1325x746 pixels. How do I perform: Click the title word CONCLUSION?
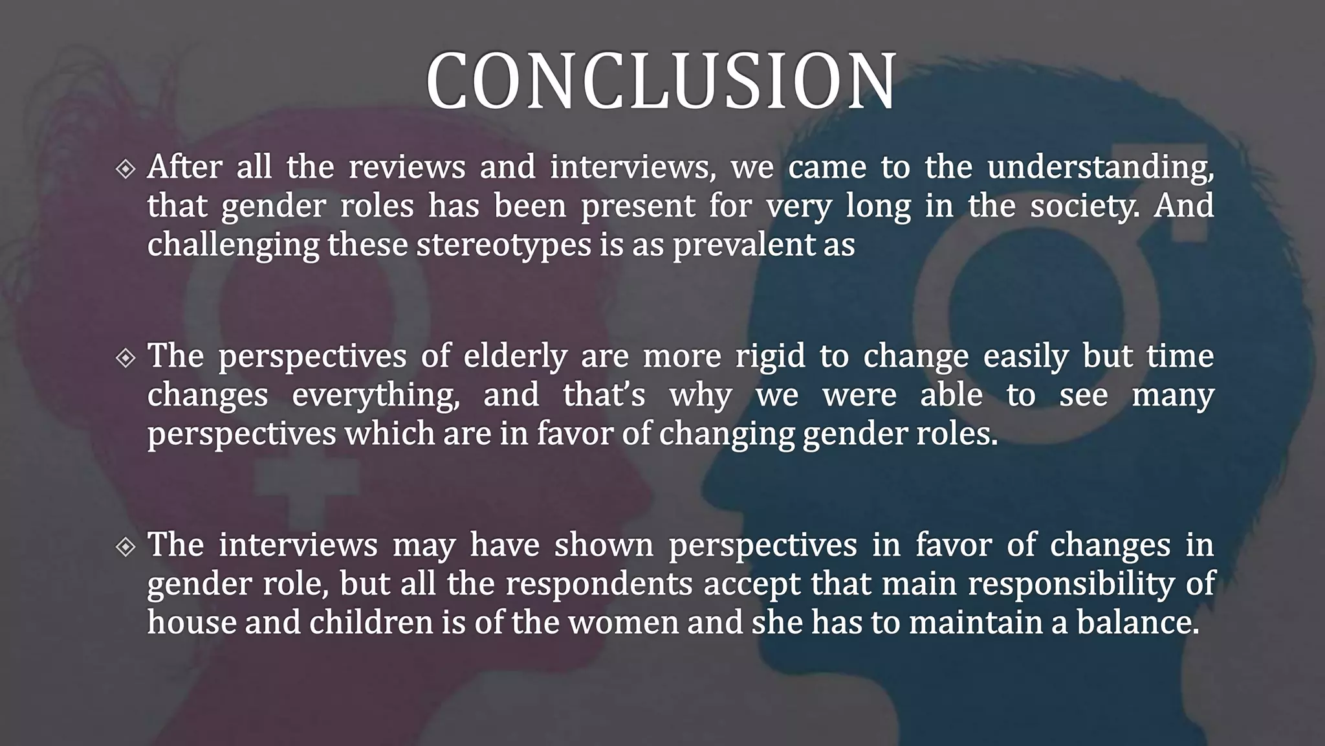click(x=661, y=80)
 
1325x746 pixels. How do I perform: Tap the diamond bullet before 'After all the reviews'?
click(x=126, y=169)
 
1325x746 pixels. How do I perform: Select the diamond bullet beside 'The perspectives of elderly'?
click(x=126, y=357)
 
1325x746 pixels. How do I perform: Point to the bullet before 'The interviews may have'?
click(x=126, y=547)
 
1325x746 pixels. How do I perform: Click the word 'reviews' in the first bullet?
click(x=407, y=168)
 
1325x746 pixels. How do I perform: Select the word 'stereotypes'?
click(x=504, y=245)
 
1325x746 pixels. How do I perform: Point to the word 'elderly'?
click(x=515, y=357)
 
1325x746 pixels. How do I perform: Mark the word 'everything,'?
click(x=375, y=396)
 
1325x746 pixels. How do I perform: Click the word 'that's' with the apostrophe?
click(x=604, y=395)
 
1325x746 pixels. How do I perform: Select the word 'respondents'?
click(x=599, y=584)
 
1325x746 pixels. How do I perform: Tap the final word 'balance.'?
click(x=1138, y=622)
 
